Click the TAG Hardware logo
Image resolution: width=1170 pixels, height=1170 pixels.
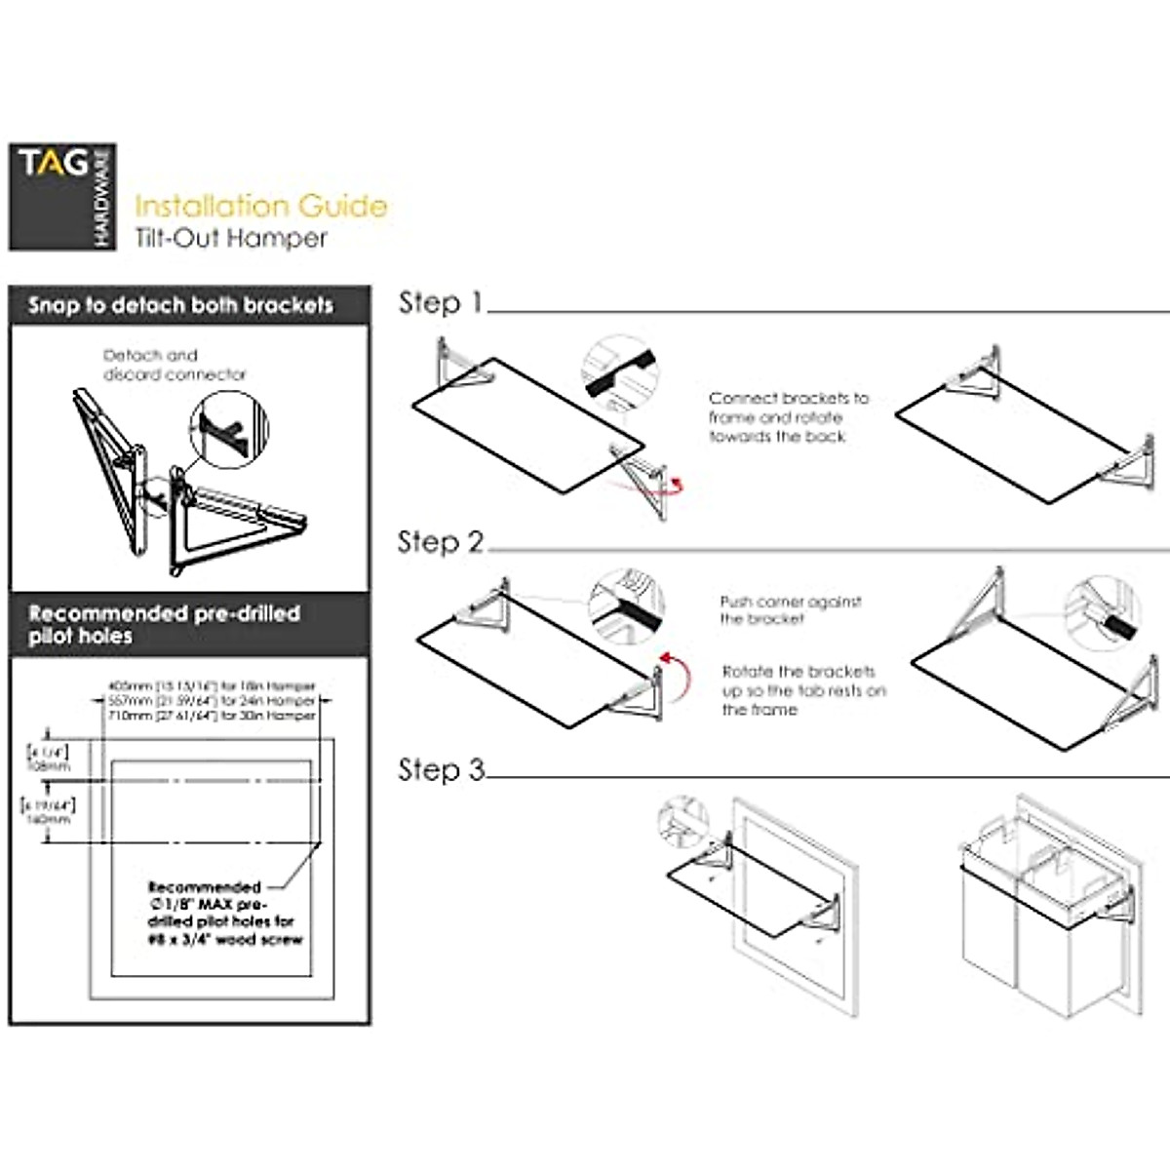pyautogui.click(x=62, y=197)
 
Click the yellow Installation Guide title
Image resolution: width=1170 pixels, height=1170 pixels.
pyautogui.click(x=260, y=206)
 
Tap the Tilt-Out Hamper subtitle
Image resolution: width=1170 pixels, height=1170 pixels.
pyautogui.click(x=231, y=239)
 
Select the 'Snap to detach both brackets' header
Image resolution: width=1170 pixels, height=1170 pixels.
pyautogui.click(x=180, y=305)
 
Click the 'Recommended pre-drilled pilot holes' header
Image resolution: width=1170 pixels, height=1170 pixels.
pyautogui.click(x=164, y=625)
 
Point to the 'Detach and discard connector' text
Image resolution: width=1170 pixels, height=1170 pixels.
pyautogui.click(x=175, y=365)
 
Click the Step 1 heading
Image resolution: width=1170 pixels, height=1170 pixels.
pyautogui.click(x=441, y=303)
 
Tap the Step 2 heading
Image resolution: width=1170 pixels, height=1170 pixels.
pyautogui.click(x=441, y=542)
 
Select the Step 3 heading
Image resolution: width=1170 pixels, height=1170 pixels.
pyautogui.click(x=441, y=770)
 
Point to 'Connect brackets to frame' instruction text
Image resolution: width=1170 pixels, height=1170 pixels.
pyautogui.click(x=788, y=417)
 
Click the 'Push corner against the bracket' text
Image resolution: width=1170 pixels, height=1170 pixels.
pyautogui.click(x=790, y=610)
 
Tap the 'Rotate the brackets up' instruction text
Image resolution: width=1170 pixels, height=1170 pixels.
pyautogui.click(x=803, y=690)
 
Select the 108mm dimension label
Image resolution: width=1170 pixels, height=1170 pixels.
pyautogui.click(x=48, y=766)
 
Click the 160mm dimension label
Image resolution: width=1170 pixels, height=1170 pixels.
pyautogui.click(x=48, y=819)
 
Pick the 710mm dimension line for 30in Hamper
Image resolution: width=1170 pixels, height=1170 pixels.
pyautogui.click(x=211, y=716)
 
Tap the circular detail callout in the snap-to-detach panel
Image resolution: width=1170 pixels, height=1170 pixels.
pyautogui.click(x=229, y=429)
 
